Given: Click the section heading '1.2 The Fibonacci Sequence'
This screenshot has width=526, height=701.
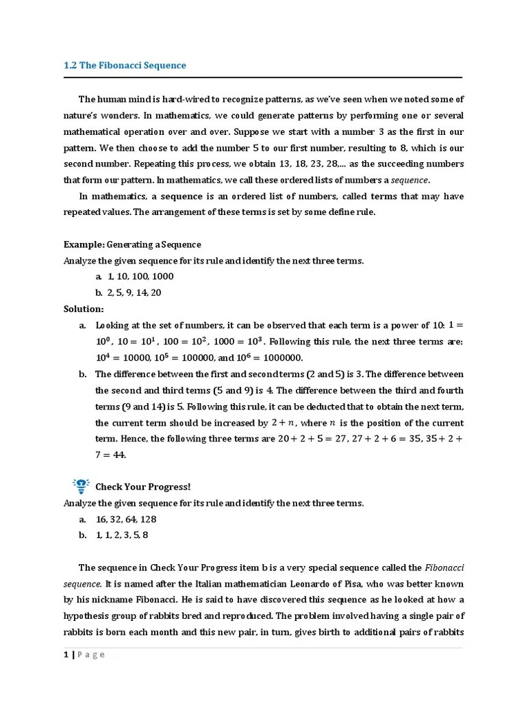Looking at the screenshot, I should pyautogui.click(x=124, y=66).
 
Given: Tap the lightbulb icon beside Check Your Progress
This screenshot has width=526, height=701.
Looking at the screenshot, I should pyautogui.click(x=81, y=486).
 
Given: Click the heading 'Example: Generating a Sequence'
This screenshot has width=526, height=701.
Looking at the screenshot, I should pyautogui.click(x=132, y=244).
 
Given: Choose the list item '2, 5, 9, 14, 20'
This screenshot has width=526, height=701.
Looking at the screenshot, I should pyautogui.click(x=135, y=292).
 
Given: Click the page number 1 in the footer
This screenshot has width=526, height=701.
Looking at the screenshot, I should pyautogui.click(x=66, y=654).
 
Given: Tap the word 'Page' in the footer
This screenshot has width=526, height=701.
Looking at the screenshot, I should pyautogui.click(x=91, y=654).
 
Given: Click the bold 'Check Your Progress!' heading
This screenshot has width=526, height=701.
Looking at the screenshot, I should pyautogui.click(x=142, y=487).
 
